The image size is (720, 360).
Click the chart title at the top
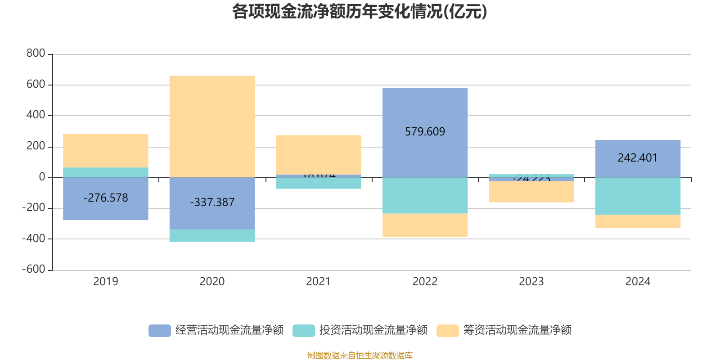[x=360, y=12]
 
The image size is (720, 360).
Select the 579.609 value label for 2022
[x=425, y=132]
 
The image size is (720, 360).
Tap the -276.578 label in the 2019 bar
[x=106, y=198]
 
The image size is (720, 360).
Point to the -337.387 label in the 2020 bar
[x=212, y=202]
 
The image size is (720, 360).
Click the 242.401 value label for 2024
[x=638, y=158]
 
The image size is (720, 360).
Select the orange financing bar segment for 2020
[x=212, y=126]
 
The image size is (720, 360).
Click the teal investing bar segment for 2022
[x=425, y=195]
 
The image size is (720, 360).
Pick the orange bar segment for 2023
[x=531, y=192]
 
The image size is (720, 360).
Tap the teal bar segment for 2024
[x=638, y=196]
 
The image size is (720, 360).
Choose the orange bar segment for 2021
[x=318, y=154]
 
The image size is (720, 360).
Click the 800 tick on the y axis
[x=36, y=54]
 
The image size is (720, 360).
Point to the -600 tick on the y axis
[x=34, y=269]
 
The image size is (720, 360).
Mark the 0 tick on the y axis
[x=42, y=177]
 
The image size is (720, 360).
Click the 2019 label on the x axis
[x=106, y=282]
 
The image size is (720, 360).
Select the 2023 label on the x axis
[x=531, y=282]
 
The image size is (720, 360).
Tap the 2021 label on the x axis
[x=318, y=282]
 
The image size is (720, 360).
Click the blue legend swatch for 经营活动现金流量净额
[x=160, y=330]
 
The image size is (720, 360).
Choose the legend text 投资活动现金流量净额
[x=373, y=330]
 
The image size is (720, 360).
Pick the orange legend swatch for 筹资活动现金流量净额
[x=447, y=330]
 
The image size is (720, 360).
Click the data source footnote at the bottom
[x=360, y=355]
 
